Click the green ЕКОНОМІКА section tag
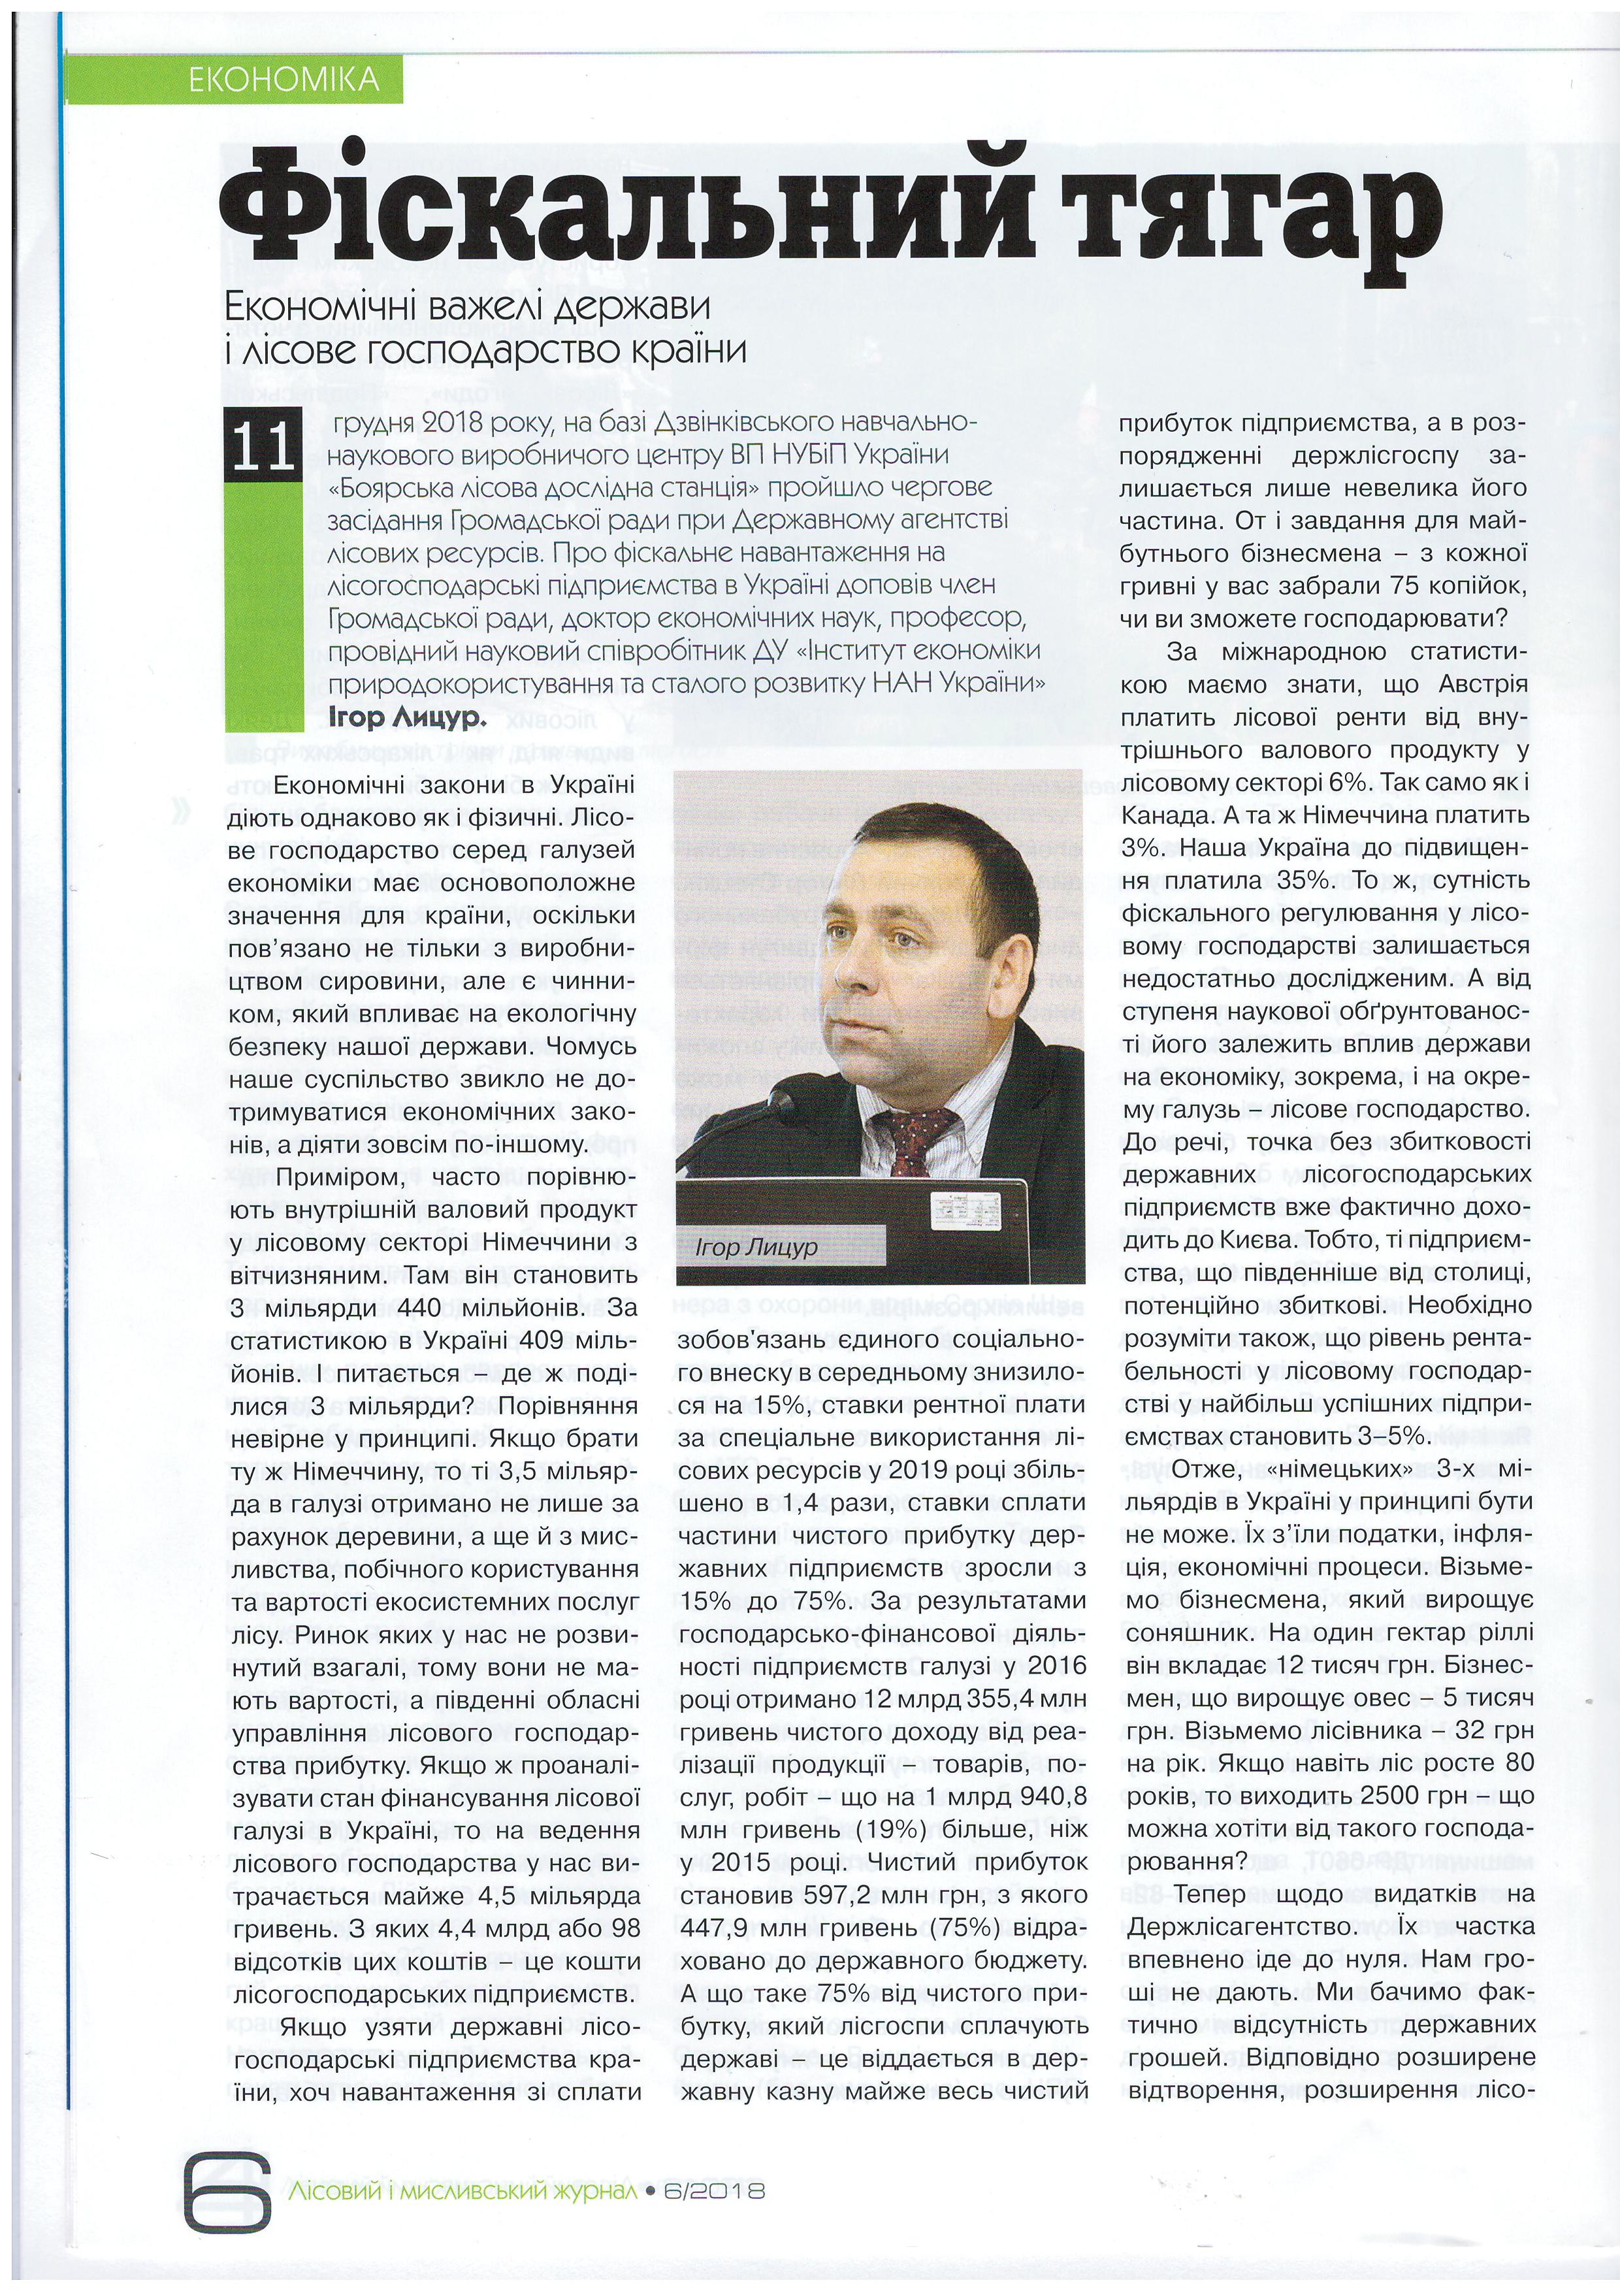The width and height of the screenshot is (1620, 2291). [x=283, y=79]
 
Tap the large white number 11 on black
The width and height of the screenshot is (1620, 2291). [x=263, y=446]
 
